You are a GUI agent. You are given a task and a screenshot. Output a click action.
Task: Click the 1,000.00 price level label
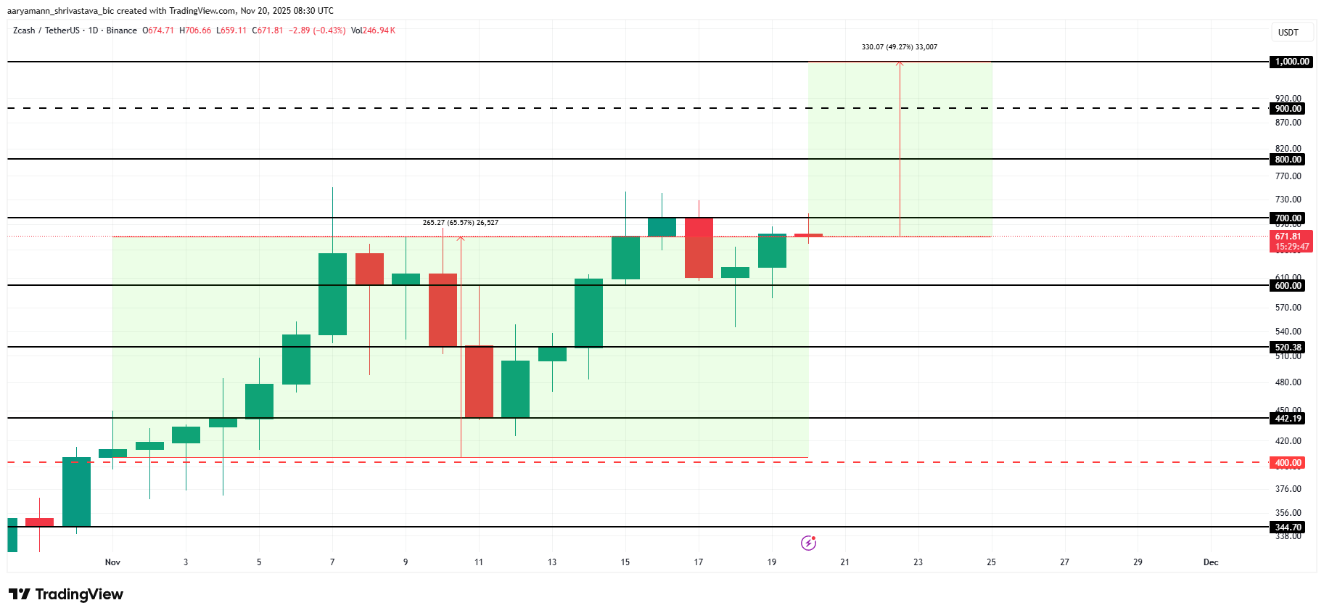coord(1292,62)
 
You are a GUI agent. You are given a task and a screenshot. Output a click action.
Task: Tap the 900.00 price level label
coord(1288,109)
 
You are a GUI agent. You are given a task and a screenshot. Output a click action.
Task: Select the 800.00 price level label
coord(1288,160)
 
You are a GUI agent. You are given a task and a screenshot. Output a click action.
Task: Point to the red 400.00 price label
coord(1288,463)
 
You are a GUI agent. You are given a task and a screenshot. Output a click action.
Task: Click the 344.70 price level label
coord(1288,527)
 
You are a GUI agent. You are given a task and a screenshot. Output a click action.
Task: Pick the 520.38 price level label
coord(1288,348)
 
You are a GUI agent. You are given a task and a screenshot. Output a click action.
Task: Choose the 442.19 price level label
coord(1288,419)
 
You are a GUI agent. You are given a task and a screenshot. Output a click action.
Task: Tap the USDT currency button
coord(1288,33)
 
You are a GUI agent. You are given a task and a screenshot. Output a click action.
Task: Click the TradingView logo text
coord(67,595)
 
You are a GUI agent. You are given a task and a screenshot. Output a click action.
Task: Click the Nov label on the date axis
coord(112,562)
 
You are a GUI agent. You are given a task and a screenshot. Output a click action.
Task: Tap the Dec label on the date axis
coord(1210,562)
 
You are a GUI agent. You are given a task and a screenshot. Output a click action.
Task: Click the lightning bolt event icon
coord(808,543)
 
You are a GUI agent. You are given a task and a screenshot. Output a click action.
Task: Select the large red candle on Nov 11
coord(479,382)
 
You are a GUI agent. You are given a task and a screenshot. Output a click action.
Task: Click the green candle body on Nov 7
coord(332,294)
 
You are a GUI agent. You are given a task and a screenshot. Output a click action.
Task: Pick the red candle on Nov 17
coord(699,247)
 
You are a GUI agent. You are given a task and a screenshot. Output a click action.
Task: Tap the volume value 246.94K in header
coord(378,30)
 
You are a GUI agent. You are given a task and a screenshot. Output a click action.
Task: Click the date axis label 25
coord(991,562)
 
